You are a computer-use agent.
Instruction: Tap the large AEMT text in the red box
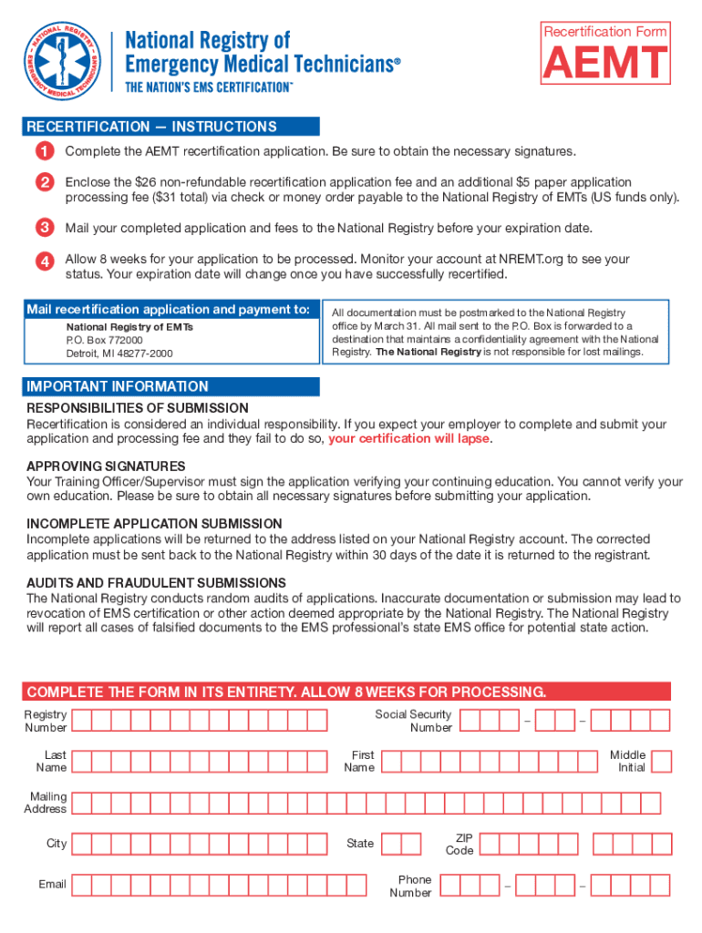pyautogui.click(x=605, y=65)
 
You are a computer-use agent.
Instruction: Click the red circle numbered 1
pyautogui.click(x=44, y=150)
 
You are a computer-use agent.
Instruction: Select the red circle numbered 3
pyautogui.click(x=44, y=227)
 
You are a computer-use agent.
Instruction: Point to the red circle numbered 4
pyautogui.click(x=44, y=261)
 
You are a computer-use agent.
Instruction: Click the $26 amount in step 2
pyautogui.click(x=149, y=182)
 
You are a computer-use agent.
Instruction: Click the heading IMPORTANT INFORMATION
pyautogui.click(x=118, y=386)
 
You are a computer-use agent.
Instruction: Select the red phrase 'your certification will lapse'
pyautogui.click(x=409, y=438)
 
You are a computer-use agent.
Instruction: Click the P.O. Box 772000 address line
pyautogui.click(x=104, y=340)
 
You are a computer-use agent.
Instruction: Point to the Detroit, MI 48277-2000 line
pyautogui.click(x=119, y=354)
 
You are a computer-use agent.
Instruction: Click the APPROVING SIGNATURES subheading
pyautogui.click(x=106, y=466)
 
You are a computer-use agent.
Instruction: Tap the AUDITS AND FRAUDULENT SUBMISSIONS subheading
pyautogui.click(x=156, y=582)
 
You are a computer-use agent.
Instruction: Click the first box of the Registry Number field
pyautogui.click(x=81, y=721)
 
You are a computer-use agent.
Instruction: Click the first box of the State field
pyautogui.click(x=390, y=844)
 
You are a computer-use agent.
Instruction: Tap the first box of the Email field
pyautogui.click(x=81, y=885)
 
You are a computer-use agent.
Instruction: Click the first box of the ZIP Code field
pyautogui.click(x=489, y=844)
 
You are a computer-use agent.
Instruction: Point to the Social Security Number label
pyautogui.click(x=413, y=721)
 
